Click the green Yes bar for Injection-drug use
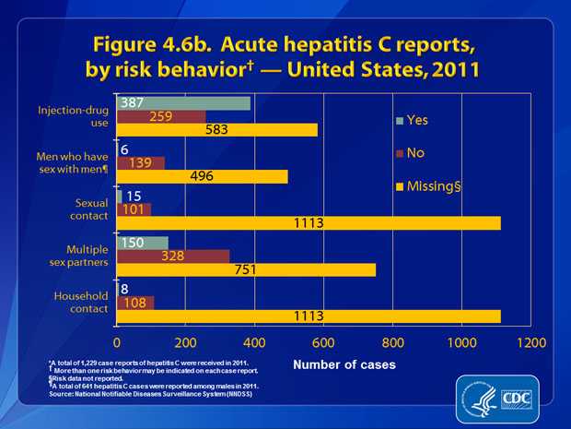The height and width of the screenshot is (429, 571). (x=184, y=103)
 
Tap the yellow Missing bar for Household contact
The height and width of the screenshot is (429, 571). (x=309, y=316)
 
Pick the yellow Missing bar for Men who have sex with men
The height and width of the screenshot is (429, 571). (x=202, y=177)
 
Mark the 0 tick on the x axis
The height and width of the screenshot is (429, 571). (x=118, y=340)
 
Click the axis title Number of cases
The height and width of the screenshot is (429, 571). (x=344, y=365)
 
